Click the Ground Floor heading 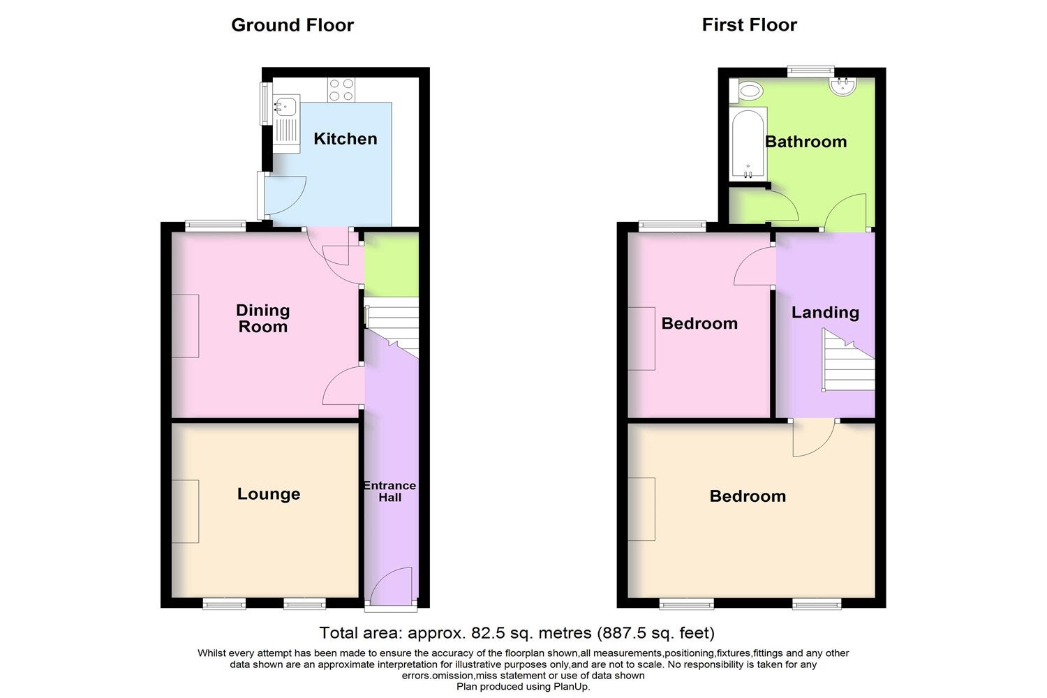click(292, 25)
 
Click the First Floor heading click(749, 24)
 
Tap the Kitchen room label click(346, 139)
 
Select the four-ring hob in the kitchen click(341, 90)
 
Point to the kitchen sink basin click(285, 106)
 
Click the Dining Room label click(262, 318)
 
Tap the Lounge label click(269, 493)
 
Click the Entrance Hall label click(389, 491)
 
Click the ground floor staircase click(392, 329)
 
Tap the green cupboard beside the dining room click(391, 264)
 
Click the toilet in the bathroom click(747, 90)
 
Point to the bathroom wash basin click(842, 87)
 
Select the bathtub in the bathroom click(748, 144)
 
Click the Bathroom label click(805, 142)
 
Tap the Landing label click(825, 312)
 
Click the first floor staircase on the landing click(848, 360)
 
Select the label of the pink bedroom click(699, 323)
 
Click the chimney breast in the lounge click(186, 512)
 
